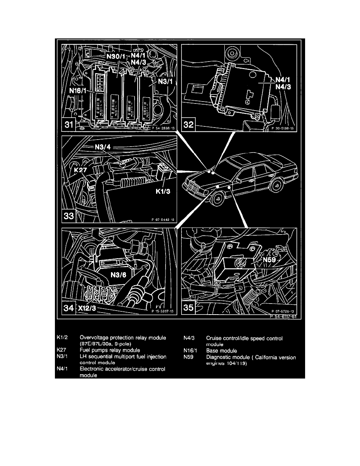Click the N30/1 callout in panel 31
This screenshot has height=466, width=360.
(x=116, y=56)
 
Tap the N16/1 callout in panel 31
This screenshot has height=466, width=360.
(x=78, y=91)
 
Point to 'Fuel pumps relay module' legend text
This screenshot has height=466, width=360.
(x=110, y=349)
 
